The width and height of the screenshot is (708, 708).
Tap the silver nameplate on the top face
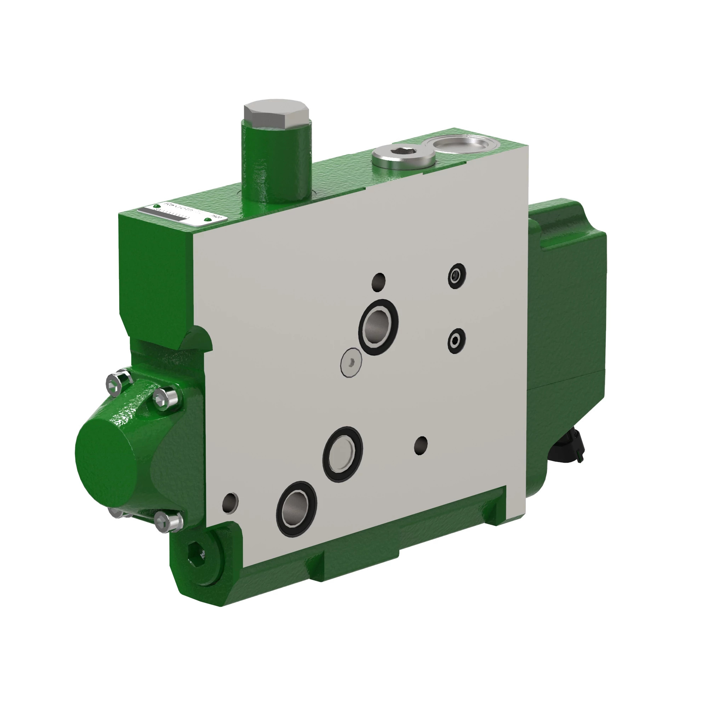[182, 214]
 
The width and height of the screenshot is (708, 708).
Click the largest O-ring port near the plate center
[378, 327]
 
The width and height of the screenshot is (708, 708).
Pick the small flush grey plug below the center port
[351, 362]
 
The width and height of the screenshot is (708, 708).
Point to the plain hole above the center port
[378, 282]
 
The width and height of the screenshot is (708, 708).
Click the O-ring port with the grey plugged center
[343, 455]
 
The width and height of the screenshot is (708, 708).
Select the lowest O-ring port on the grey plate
[296, 509]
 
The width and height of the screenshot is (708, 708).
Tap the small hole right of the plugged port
[421, 446]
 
